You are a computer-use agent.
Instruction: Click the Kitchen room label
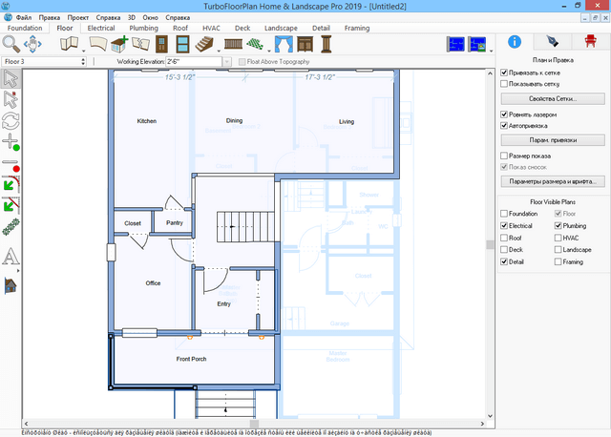click(x=146, y=121)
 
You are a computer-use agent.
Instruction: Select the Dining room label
click(x=234, y=121)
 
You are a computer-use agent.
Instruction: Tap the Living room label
click(x=347, y=121)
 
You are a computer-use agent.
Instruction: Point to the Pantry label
click(x=174, y=222)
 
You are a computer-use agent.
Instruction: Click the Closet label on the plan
click(x=133, y=223)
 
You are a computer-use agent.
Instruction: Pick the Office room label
click(x=153, y=283)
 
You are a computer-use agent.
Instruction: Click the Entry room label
click(x=224, y=303)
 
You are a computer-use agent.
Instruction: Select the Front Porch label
click(x=192, y=359)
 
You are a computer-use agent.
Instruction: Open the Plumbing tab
click(x=144, y=29)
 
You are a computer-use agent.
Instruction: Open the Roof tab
click(x=180, y=29)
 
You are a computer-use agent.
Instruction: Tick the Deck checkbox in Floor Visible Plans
click(x=505, y=249)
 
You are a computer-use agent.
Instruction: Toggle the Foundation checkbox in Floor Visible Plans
click(x=505, y=214)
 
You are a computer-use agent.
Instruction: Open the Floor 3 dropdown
click(x=48, y=61)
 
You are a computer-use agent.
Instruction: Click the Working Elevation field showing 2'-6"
click(x=196, y=61)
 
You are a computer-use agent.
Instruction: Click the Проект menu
click(x=81, y=18)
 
